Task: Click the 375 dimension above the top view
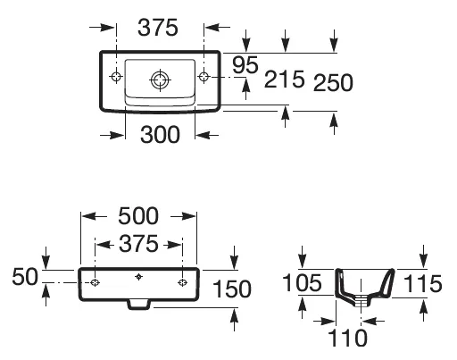pyautogui.click(x=158, y=28)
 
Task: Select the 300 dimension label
pyautogui.click(x=160, y=135)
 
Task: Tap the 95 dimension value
pyautogui.click(x=245, y=65)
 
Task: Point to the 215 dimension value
pyautogui.click(x=284, y=80)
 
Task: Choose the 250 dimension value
pyautogui.click(x=333, y=82)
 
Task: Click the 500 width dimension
pyautogui.click(x=138, y=216)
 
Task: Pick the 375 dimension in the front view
pyautogui.click(x=138, y=244)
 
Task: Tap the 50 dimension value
pyautogui.click(x=25, y=277)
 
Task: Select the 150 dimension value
pyautogui.click(x=232, y=289)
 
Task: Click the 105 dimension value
pyautogui.click(x=302, y=282)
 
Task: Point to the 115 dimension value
pyautogui.click(x=422, y=283)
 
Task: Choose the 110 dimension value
pyautogui.click(x=347, y=338)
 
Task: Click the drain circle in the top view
pyautogui.click(x=161, y=80)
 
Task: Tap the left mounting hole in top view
pyautogui.click(x=116, y=77)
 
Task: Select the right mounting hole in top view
pyautogui.click(x=204, y=77)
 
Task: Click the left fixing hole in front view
pyautogui.click(x=95, y=282)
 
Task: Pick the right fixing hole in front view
pyautogui.click(x=182, y=282)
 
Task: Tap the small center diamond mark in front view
pyautogui.click(x=138, y=277)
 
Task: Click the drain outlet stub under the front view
pyautogui.click(x=138, y=305)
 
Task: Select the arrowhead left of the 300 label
pyautogui.click(x=117, y=136)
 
